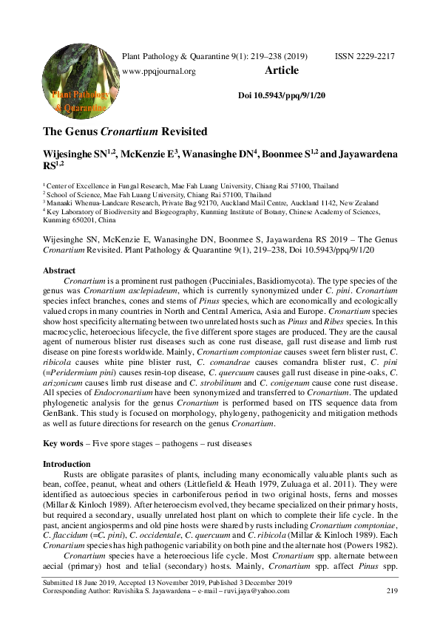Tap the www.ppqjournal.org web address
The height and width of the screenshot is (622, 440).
click(158, 72)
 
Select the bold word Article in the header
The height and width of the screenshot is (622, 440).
click(282, 71)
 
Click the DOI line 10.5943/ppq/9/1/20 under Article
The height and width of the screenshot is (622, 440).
click(282, 96)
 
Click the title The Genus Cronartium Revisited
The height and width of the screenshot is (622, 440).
click(124, 132)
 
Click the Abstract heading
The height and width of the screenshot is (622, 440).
click(59, 271)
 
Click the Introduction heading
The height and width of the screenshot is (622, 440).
click(68, 463)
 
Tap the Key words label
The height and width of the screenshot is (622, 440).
click(61, 443)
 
